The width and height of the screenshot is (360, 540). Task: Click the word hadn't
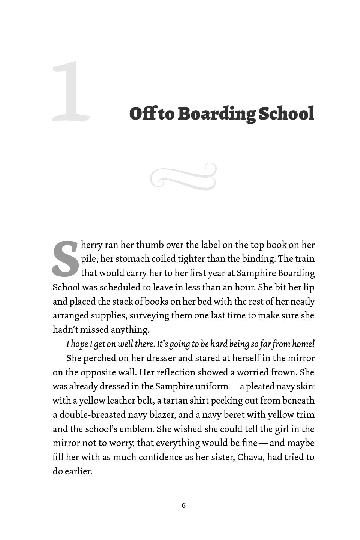tap(65, 330)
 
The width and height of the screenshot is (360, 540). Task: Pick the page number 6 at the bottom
tap(183, 505)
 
